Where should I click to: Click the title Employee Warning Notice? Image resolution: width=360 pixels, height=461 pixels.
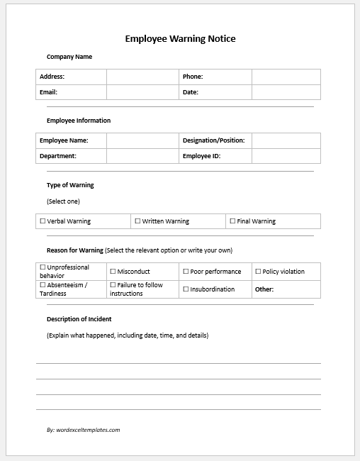point(180,39)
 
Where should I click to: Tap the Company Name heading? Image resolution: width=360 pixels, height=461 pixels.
point(69,57)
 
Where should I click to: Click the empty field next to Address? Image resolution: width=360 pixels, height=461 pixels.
point(142,77)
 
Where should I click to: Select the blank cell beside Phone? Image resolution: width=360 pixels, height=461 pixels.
point(286,77)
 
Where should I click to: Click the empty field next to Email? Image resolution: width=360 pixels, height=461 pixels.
point(142,92)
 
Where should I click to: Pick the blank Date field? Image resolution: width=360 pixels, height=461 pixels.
point(286,92)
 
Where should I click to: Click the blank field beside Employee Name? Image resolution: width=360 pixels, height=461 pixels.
point(142,140)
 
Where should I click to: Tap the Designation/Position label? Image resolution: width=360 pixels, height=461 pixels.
point(213,140)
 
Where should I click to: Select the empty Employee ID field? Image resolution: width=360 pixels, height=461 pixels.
point(286,156)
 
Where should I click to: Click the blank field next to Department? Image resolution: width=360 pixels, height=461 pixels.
point(142,156)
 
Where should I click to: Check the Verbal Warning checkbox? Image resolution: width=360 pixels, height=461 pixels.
point(43,221)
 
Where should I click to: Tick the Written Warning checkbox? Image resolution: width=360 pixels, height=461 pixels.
point(137,221)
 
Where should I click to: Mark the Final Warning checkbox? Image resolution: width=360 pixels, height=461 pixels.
point(232,221)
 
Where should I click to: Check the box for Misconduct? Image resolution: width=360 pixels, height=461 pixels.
point(113,271)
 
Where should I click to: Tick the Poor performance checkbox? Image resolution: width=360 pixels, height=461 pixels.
point(186,271)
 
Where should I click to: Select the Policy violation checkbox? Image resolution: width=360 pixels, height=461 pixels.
point(257,271)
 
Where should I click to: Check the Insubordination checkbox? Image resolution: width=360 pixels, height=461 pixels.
point(186,289)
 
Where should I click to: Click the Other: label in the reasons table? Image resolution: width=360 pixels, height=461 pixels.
point(264,289)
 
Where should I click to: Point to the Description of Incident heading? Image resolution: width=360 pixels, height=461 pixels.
point(79,319)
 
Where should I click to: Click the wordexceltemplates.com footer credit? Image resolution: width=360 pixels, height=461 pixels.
point(83,430)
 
